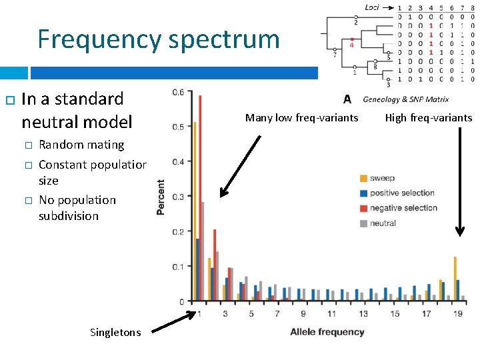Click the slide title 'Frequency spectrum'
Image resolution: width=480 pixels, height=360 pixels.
click(x=158, y=39)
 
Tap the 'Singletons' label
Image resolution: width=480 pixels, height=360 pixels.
click(x=115, y=332)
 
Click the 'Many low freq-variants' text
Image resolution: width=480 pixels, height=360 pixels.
click(x=301, y=118)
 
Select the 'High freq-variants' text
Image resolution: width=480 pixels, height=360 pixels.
click(x=428, y=118)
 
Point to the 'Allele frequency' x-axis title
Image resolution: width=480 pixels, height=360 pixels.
click(x=327, y=331)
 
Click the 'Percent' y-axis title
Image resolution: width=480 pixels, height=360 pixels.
click(x=161, y=197)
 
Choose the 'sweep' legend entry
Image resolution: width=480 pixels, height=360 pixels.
click(x=383, y=178)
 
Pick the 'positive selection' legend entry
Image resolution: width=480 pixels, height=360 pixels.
click(x=402, y=193)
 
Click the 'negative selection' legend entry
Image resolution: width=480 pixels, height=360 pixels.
click(x=403, y=208)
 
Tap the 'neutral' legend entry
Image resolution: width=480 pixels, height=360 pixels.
click(x=383, y=223)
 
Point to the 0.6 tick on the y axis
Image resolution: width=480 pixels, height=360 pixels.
click(x=177, y=92)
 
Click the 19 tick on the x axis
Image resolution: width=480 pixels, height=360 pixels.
click(x=457, y=313)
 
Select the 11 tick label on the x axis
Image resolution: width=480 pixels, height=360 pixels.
click(x=333, y=313)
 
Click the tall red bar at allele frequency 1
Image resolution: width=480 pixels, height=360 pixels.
click(x=199, y=200)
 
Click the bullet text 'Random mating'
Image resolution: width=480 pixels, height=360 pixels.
click(x=81, y=145)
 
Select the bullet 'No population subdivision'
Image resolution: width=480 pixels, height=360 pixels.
click(x=77, y=208)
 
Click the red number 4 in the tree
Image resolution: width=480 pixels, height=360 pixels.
click(x=352, y=46)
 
